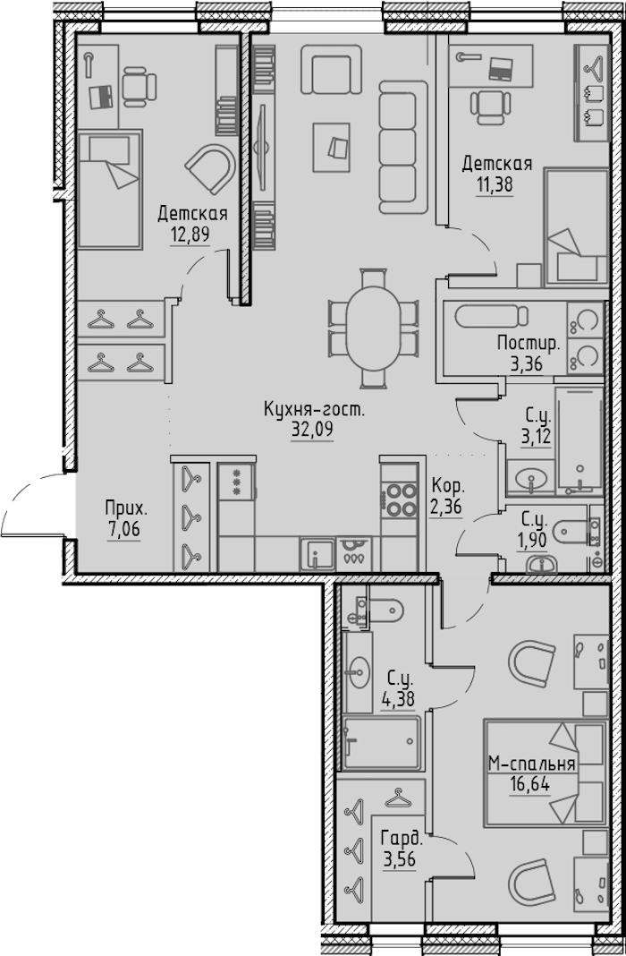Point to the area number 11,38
point(494,184)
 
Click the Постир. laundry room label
point(529,344)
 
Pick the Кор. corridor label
point(447,487)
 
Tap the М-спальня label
point(532,764)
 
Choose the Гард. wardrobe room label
point(401,840)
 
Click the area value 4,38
point(398,699)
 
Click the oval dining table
point(373,328)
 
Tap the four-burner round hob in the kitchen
point(400,499)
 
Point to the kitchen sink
point(317,554)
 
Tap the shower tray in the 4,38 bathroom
point(381,743)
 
